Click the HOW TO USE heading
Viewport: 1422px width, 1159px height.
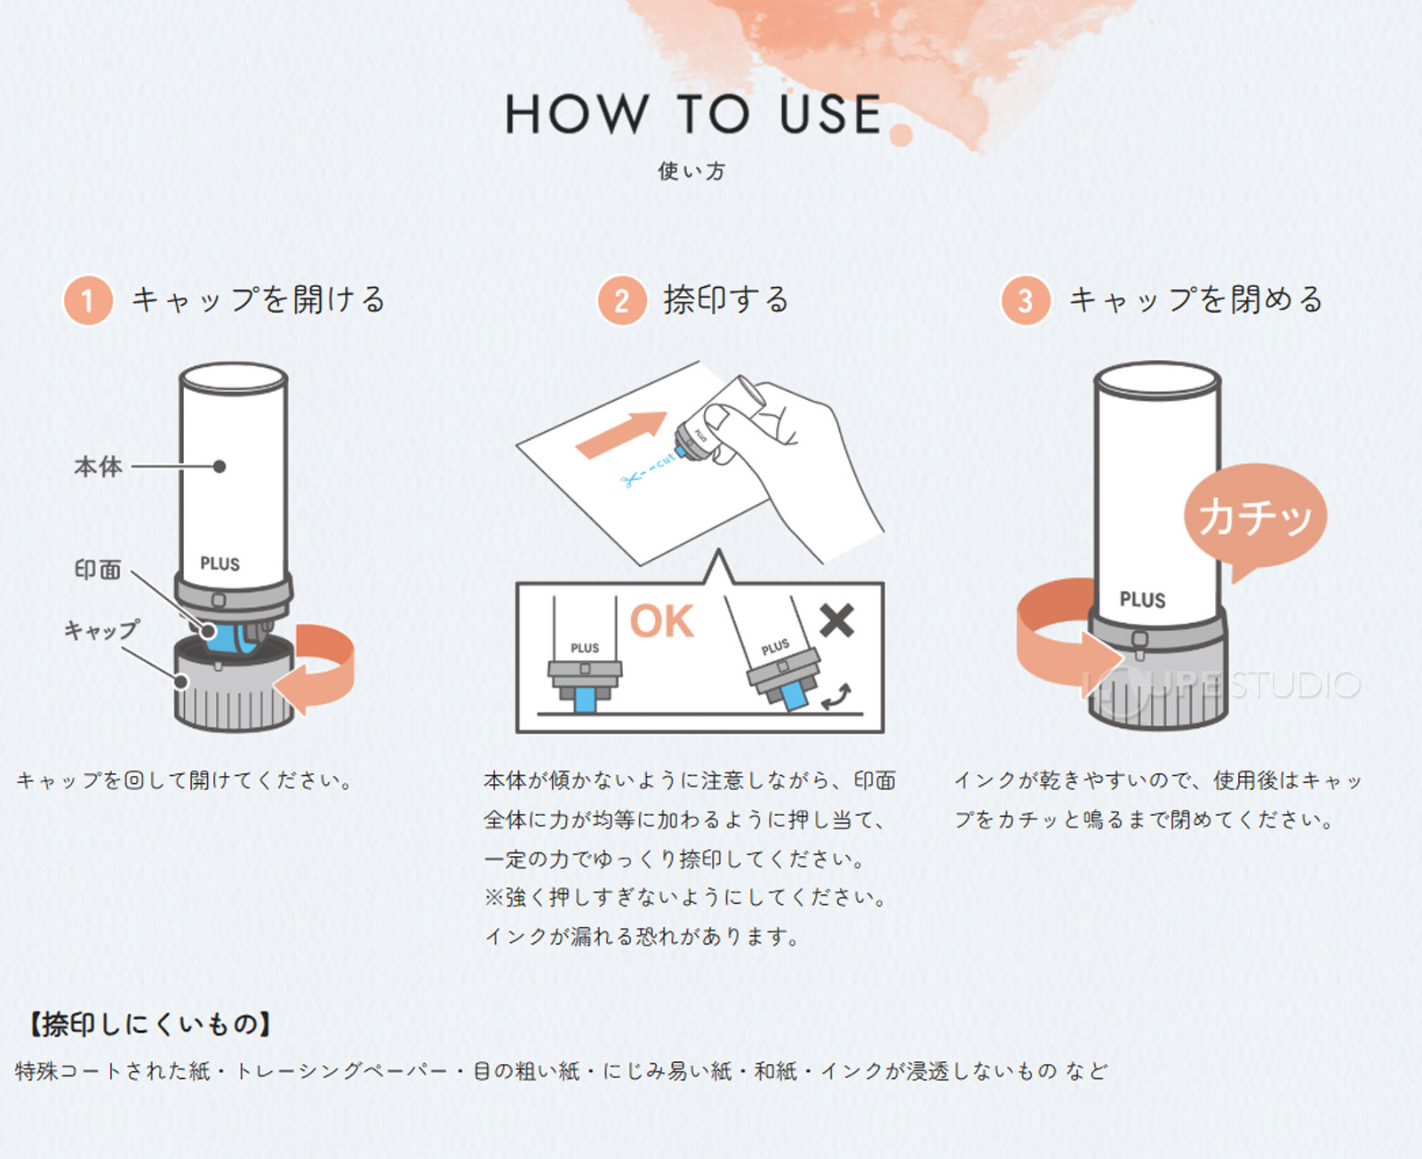click(x=692, y=115)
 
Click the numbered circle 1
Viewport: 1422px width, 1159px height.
click(x=87, y=300)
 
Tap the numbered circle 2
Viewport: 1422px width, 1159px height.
click(x=621, y=300)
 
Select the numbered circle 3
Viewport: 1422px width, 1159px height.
click(x=1025, y=300)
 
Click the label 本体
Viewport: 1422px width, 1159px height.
click(x=98, y=466)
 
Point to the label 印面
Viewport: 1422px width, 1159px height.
click(x=98, y=570)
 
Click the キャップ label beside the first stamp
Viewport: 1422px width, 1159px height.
click(x=101, y=630)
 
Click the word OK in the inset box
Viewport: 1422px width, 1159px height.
click(x=661, y=621)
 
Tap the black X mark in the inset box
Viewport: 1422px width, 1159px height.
click(x=836, y=620)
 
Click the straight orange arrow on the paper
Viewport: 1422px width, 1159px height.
click(x=621, y=433)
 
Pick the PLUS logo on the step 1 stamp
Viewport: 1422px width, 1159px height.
click(x=220, y=564)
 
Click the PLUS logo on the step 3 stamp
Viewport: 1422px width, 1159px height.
click(x=1142, y=600)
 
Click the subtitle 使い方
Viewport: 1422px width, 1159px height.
click(x=691, y=171)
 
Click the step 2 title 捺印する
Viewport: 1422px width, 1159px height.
click(x=725, y=300)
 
